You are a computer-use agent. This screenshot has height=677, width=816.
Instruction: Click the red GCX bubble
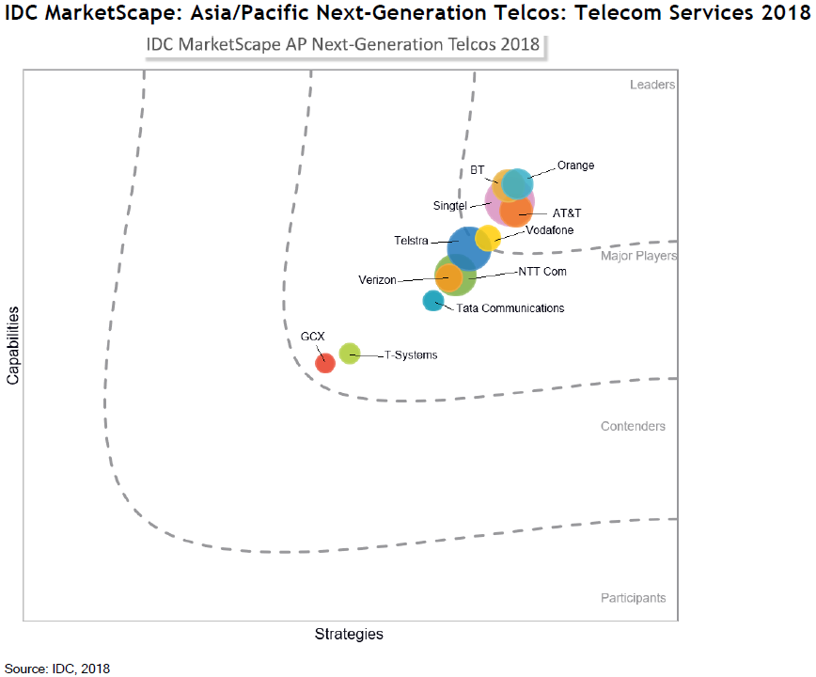pos(324,362)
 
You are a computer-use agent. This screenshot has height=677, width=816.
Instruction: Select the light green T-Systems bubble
pos(349,354)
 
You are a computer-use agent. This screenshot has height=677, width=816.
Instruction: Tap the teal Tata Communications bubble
pos(432,301)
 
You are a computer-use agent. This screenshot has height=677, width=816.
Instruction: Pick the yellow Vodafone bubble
pos(488,238)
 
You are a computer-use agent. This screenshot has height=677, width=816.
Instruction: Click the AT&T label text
pos(567,213)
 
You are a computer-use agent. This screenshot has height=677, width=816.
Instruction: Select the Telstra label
pos(411,241)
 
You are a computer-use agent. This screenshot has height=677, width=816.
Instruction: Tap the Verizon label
pos(377,279)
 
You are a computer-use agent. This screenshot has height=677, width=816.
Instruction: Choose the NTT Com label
pos(542,272)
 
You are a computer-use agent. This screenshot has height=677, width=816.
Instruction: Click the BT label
pos(477,170)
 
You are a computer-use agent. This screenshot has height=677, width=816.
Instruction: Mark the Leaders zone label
pos(652,85)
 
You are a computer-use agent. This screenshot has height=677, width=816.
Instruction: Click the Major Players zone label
pos(638,255)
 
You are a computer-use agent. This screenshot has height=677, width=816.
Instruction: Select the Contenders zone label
pos(633,426)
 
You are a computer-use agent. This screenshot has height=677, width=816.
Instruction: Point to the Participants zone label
pos(633,598)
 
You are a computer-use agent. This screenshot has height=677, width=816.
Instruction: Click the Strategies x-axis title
pos(349,634)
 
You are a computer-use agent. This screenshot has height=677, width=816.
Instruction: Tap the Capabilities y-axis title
pos(13,343)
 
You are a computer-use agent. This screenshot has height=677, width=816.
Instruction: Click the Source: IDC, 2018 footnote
pos(57,669)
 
